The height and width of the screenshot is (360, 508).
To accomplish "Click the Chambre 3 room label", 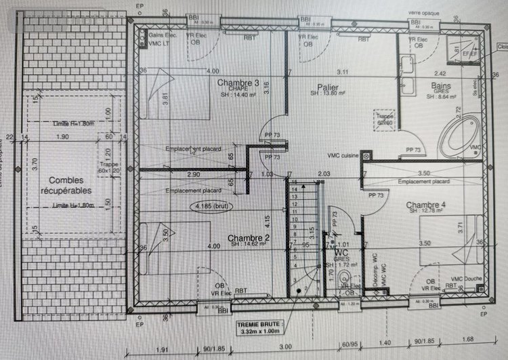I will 238,83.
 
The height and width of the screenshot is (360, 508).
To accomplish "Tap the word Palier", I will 328,87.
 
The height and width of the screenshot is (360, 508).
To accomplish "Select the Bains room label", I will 442,86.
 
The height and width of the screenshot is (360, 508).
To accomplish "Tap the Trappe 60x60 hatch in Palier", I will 385,120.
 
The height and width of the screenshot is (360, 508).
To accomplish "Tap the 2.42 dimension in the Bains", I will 440,73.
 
